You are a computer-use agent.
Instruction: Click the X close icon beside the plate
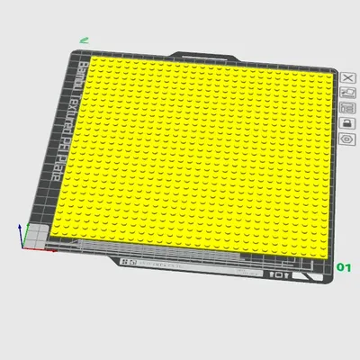(347, 78)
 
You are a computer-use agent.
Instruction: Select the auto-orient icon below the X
(347, 93)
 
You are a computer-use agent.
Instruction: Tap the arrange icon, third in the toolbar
(347, 107)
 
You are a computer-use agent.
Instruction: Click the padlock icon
(347, 122)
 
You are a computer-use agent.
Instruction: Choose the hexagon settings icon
(347, 139)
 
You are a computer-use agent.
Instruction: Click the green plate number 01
(343, 267)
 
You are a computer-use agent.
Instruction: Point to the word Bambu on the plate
(78, 76)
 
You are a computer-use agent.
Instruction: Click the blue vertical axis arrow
(20, 232)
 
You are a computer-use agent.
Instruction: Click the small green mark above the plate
(84, 40)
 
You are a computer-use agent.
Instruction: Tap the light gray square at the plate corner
(37, 235)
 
